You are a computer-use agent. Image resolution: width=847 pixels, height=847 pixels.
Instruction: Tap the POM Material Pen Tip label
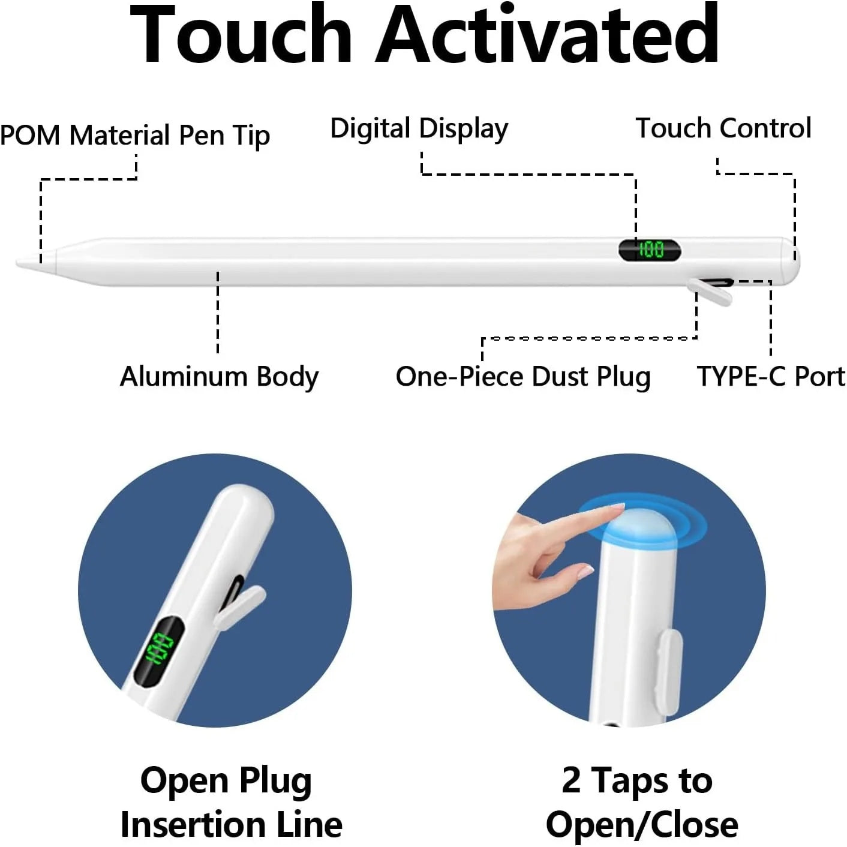[x=134, y=135]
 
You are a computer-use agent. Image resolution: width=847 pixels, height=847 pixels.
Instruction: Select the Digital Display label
[x=419, y=129]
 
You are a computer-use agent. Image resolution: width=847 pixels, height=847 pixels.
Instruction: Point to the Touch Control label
[x=723, y=128]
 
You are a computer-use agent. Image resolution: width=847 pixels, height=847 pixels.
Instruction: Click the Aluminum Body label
[x=219, y=377]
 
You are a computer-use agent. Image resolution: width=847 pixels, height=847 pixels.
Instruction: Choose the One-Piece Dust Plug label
[x=523, y=377]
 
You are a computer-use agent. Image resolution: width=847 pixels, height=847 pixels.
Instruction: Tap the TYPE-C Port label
[x=771, y=376]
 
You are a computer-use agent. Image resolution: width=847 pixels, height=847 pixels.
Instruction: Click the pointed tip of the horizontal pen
[x=17, y=263]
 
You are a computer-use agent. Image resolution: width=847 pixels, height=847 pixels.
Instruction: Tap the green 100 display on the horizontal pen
[x=651, y=250]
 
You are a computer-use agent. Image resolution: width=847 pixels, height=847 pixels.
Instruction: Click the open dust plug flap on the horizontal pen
[x=710, y=291]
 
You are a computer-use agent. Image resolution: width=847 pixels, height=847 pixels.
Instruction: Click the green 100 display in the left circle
[x=159, y=649]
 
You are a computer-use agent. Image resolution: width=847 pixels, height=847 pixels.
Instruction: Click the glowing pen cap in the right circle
[x=636, y=530]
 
